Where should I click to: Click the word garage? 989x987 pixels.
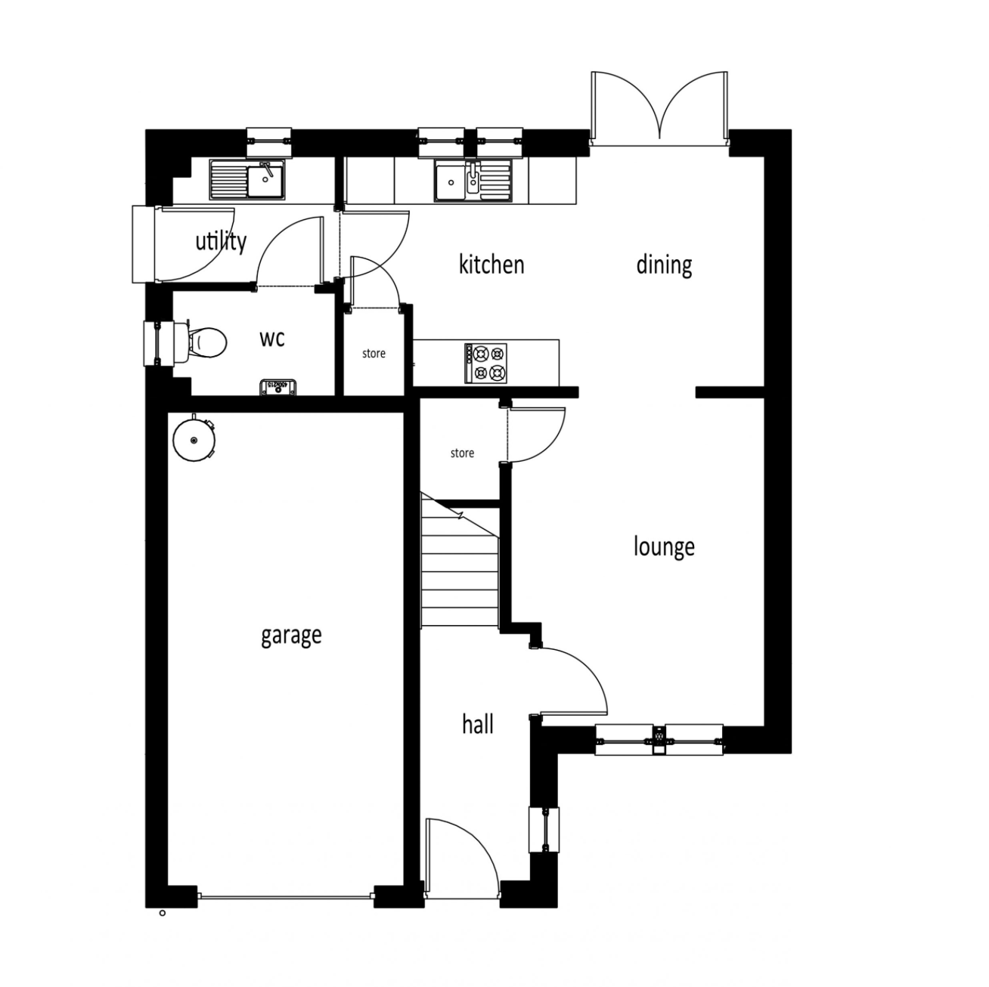291,636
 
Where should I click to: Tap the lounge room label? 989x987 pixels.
663,546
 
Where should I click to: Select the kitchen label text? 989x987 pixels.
491,265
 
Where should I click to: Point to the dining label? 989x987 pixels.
663,265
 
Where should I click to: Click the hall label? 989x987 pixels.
477,724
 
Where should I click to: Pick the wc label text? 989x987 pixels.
272,338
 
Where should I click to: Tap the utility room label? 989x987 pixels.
221,241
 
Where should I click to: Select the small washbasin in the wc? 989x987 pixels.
277,387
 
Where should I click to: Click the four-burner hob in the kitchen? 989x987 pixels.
487,363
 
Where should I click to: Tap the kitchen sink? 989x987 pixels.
473,181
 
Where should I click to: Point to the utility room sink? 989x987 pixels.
247,181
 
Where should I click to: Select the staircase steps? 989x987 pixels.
459,563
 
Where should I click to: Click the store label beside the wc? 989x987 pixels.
374,353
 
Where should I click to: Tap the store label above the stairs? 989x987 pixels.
462,453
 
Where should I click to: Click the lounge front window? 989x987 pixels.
659,739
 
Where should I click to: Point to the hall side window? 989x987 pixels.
544,830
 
